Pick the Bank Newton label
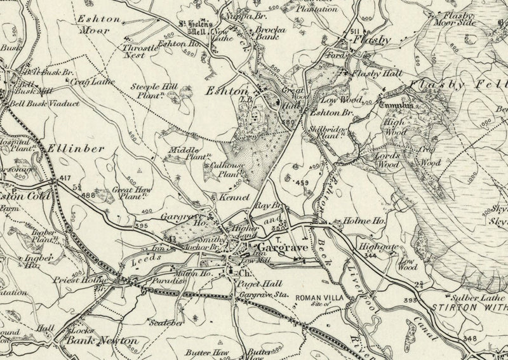pyautogui.click(x=104, y=341)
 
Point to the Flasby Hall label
pyautogui.click(x=372, y=74)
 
